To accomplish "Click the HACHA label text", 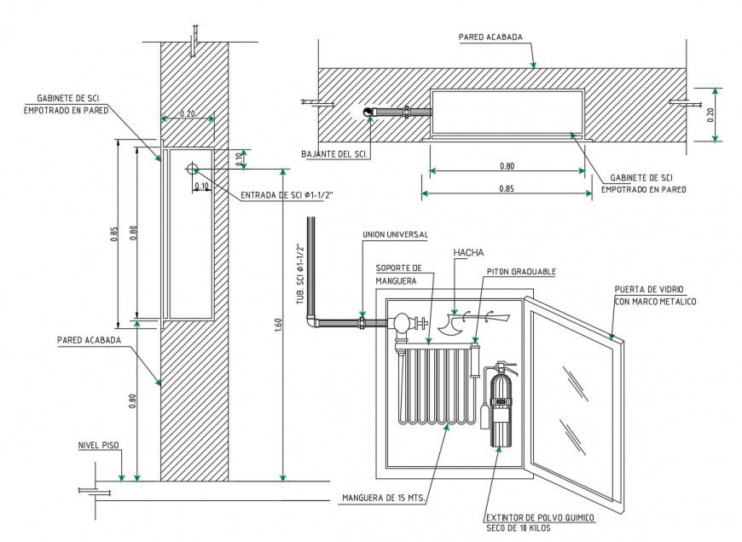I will click(470, 253).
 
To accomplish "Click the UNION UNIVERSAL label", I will click(395, 234).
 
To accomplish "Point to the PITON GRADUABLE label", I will click(521, 272).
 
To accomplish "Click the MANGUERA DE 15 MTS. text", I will click(383, 498).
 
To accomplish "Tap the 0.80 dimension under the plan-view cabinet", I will click(507, 165).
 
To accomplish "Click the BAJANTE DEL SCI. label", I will click(335, 154).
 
